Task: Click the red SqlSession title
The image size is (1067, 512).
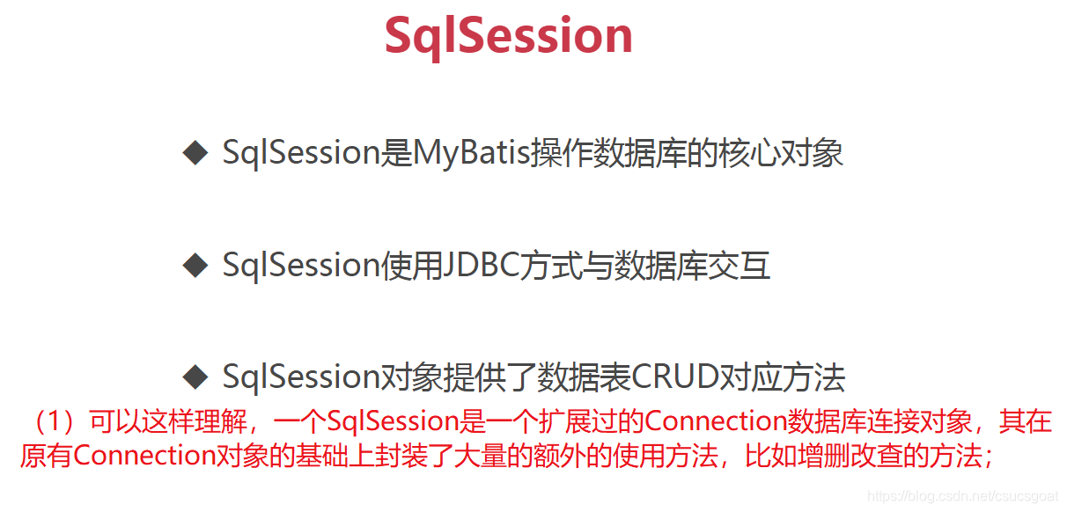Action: pos(508,36)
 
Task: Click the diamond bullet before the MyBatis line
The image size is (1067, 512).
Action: pos(195,153)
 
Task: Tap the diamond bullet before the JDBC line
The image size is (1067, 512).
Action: pos(195,265)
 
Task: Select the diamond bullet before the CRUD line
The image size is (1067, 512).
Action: pos(195,377)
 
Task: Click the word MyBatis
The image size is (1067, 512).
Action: pos(471,154)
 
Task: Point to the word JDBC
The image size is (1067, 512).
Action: pos(480,265)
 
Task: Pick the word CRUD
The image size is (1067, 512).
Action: pos(674,377)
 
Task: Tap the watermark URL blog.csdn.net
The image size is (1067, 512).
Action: pos(961,496)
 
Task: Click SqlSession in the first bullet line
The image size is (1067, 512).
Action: pos(301,153)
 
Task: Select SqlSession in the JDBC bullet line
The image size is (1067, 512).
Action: pos(301,266)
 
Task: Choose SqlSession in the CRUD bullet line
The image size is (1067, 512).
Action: pos(301,377)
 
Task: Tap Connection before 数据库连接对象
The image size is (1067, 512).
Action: pos(716,421)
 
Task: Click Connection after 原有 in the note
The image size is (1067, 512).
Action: pos(144,456)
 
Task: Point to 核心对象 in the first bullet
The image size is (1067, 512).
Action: pos(781,153)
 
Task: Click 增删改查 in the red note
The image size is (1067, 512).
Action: pos(850,456)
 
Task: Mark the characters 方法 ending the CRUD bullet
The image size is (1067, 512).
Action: pos(814,377)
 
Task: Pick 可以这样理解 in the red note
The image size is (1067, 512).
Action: pos(169,421)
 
